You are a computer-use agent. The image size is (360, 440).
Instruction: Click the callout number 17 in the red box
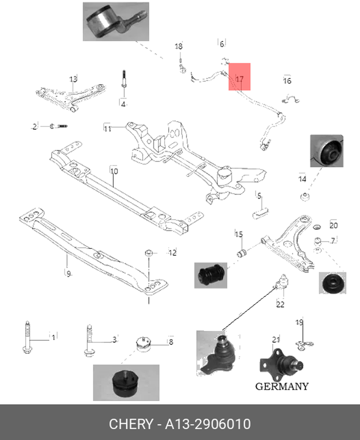click(x=239, y=79)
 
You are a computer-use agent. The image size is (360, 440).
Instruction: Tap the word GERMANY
click(x=282, y=386)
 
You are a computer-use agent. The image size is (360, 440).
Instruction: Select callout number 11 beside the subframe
click(x=108, y=128)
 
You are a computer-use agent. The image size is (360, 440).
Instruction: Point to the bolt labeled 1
click(x=27, y=337)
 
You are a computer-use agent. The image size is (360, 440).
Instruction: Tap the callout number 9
click(x=68, y=274)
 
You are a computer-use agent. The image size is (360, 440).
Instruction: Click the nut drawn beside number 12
click(x=148, y=252)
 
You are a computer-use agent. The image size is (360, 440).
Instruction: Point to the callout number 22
click(x=280, y=305)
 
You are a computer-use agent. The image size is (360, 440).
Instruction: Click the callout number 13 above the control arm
click(x=73, y=79)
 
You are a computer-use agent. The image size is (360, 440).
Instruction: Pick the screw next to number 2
click(x=59, y=126)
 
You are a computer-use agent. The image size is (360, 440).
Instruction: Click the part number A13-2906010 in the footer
click(x=208, y=424)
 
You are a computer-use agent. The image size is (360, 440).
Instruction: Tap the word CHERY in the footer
click(x=131, y=424)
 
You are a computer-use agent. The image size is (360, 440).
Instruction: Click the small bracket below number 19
click(x=303, y=344)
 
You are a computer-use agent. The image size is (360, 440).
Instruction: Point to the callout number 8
click(x=171, y=342)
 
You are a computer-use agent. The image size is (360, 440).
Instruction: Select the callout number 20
click(x=333, y=225)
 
